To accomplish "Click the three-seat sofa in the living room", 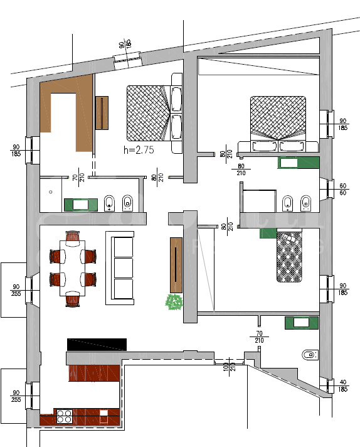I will [123, 266].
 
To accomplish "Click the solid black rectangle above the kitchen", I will [97, 344].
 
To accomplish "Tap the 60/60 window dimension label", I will [343, 190].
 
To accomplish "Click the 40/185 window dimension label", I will [343, 385].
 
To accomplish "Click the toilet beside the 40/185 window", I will [308, 355].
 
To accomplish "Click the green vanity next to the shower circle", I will [80, 204].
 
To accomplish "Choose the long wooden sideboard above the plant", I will [176, 264].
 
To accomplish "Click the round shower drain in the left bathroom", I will [51, 191].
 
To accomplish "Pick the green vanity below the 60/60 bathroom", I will [297, 323].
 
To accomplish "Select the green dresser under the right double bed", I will [299, 163].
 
